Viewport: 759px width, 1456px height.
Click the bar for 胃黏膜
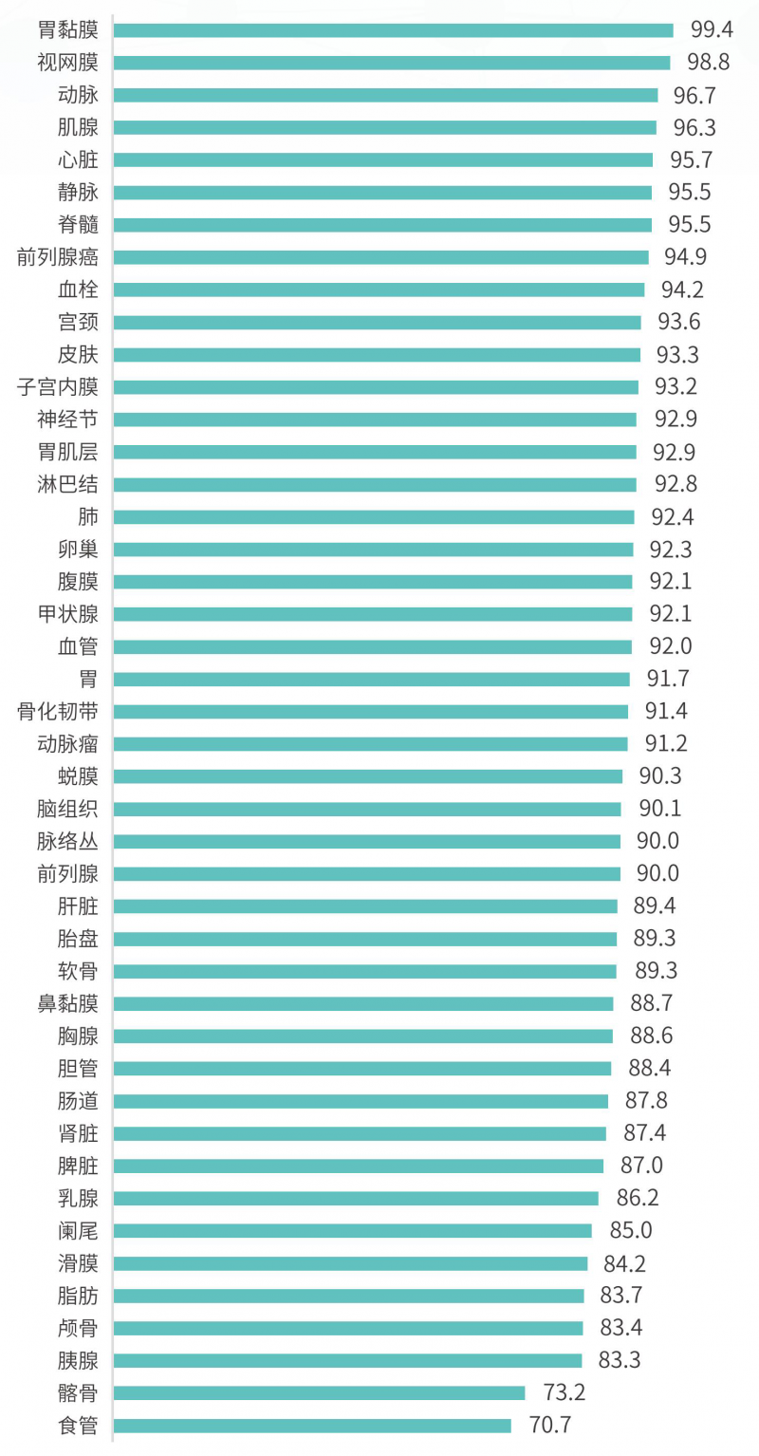[x=393, y=30]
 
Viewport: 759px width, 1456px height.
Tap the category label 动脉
[x=78, y=95]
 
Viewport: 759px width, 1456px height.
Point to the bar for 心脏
[x=382, y=159]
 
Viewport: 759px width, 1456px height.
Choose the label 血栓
[x=78, y=289]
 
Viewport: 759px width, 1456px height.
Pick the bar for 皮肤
[x=377, y=354]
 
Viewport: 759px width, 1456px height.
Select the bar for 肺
[x=374, y=516]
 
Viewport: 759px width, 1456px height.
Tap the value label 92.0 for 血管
[x=671, y=646]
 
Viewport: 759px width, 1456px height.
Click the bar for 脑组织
[x=367, y=809]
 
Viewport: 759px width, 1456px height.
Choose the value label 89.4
[x=655, y=905]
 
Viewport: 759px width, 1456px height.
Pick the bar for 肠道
[x=361, y=1101]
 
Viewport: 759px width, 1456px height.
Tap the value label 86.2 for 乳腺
[x=638, y=1198]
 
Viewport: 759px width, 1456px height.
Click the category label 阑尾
[x=78, y=1231]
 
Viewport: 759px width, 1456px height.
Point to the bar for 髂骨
[x=319, y=1392]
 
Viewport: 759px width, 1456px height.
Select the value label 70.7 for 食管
[x=550, y=1425]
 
